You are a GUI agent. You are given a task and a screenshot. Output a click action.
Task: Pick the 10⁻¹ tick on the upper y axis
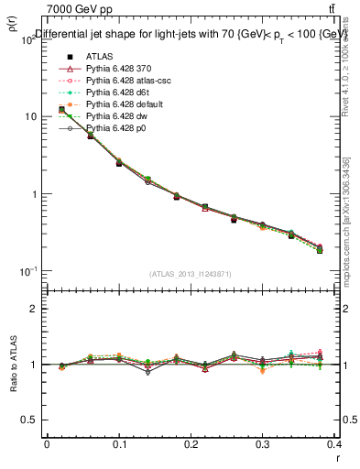tap(28, 272)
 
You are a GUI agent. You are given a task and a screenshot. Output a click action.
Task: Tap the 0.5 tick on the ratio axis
tap(28, 420)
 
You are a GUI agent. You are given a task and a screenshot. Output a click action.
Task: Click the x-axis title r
tap(336, 457)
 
